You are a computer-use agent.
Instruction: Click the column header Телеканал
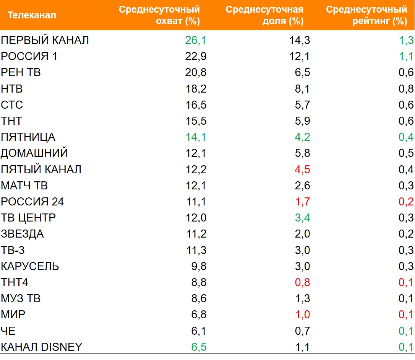pyautogui.click(x=32, y=15)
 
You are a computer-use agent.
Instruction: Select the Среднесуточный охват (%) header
pyautogui.click(x=159, y=15)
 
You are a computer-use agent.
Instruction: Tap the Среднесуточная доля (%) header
pyautogui.click(x=264, y=15)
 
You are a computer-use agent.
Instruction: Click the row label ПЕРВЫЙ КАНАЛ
pyautogui.click(x=45, y=40)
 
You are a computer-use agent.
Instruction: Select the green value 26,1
pyautogui.click(x=196, y=40)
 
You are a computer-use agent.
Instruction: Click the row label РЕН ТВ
pyautogui.click(x=21, y=72)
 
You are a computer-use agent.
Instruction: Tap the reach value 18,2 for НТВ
pyautogui.click(x=196, y=89)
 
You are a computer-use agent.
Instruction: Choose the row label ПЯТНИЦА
pyautogui.click(x=28, y=137)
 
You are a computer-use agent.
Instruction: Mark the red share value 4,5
pyautogui.click(x=302, y=169)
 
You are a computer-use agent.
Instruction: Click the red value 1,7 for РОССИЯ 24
pyautogui.click(x=302, y=202)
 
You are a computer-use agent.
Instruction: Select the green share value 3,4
pyautogui.click(x=302, y=218)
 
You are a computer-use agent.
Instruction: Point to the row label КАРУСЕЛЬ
pyautogui.click(x=30, y=266)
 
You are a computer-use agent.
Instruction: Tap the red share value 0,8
pyautogui.click(x=302, y=282)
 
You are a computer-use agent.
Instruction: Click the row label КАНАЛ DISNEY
pyautogui.click(x=41, y=347)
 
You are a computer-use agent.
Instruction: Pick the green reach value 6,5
pyautogui.click(x=198, y=347)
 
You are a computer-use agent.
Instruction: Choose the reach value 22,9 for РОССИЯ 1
pyautogui.click(x=196, y=56)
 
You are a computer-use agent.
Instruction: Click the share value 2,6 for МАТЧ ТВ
pyautogui.click(x=302, y=186)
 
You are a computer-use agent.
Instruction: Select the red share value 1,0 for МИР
pyautogui.click(x=302, y=314)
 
